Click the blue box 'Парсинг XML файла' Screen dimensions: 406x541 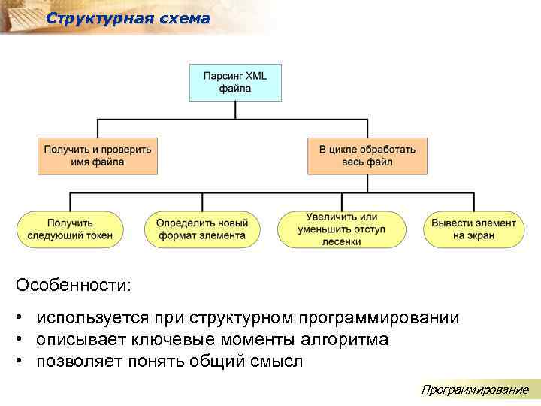[x=234, y=82]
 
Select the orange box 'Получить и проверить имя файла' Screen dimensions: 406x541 [x=97, y=156]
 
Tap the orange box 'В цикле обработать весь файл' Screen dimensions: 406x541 [x=367, y=156]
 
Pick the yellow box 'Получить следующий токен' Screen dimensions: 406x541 [x=70, y=229]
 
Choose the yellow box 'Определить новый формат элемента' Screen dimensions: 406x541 [x=201, y=229]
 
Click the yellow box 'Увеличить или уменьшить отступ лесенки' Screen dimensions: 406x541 [x=341, y=229]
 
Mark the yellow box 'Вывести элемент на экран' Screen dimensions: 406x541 [x=473, y=229]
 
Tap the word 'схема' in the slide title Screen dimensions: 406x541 [x=184, y=19]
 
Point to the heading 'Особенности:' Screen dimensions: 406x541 [x=73, y=286]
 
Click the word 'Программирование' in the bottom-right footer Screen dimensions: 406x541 [x=475, y=389]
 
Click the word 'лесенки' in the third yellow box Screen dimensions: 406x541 [x=341, y=242]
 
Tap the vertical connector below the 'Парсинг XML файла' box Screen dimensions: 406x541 [x=234, y=110]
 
